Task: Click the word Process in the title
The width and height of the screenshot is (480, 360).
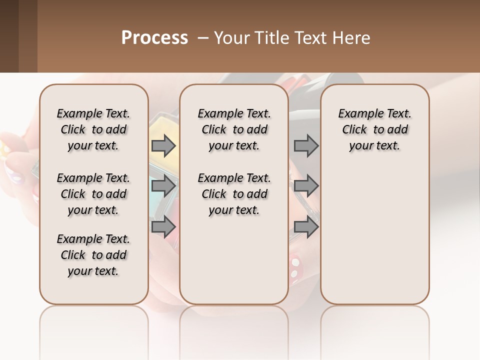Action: (x=154, y=38)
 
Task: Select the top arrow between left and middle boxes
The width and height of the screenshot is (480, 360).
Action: (x=163, y=146)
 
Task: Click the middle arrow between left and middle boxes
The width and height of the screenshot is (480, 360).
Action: (x=163, y=186)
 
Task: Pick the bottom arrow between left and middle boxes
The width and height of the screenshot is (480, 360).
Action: (x=163, y=227)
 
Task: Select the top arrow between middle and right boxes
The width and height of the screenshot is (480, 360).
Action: (x=306, y=146)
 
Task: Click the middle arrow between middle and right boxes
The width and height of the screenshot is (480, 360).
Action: (x=306, y=186)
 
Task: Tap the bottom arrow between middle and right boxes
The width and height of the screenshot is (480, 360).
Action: (x=306, y=227)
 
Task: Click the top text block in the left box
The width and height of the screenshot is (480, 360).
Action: (x=93, y=129)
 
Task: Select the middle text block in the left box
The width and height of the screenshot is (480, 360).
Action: (x=93, y=194)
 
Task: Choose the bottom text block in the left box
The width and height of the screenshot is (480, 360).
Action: (x=93, y=255)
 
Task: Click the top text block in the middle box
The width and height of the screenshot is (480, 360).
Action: (x=234, y=129)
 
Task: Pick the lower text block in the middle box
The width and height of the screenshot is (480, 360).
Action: (x=234, y=194)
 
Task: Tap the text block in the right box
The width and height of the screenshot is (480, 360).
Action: (x=374, y=129)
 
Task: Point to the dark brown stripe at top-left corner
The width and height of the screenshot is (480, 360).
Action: (x=9, y=36)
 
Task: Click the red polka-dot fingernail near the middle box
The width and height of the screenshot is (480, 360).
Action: (x=296, y=266)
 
